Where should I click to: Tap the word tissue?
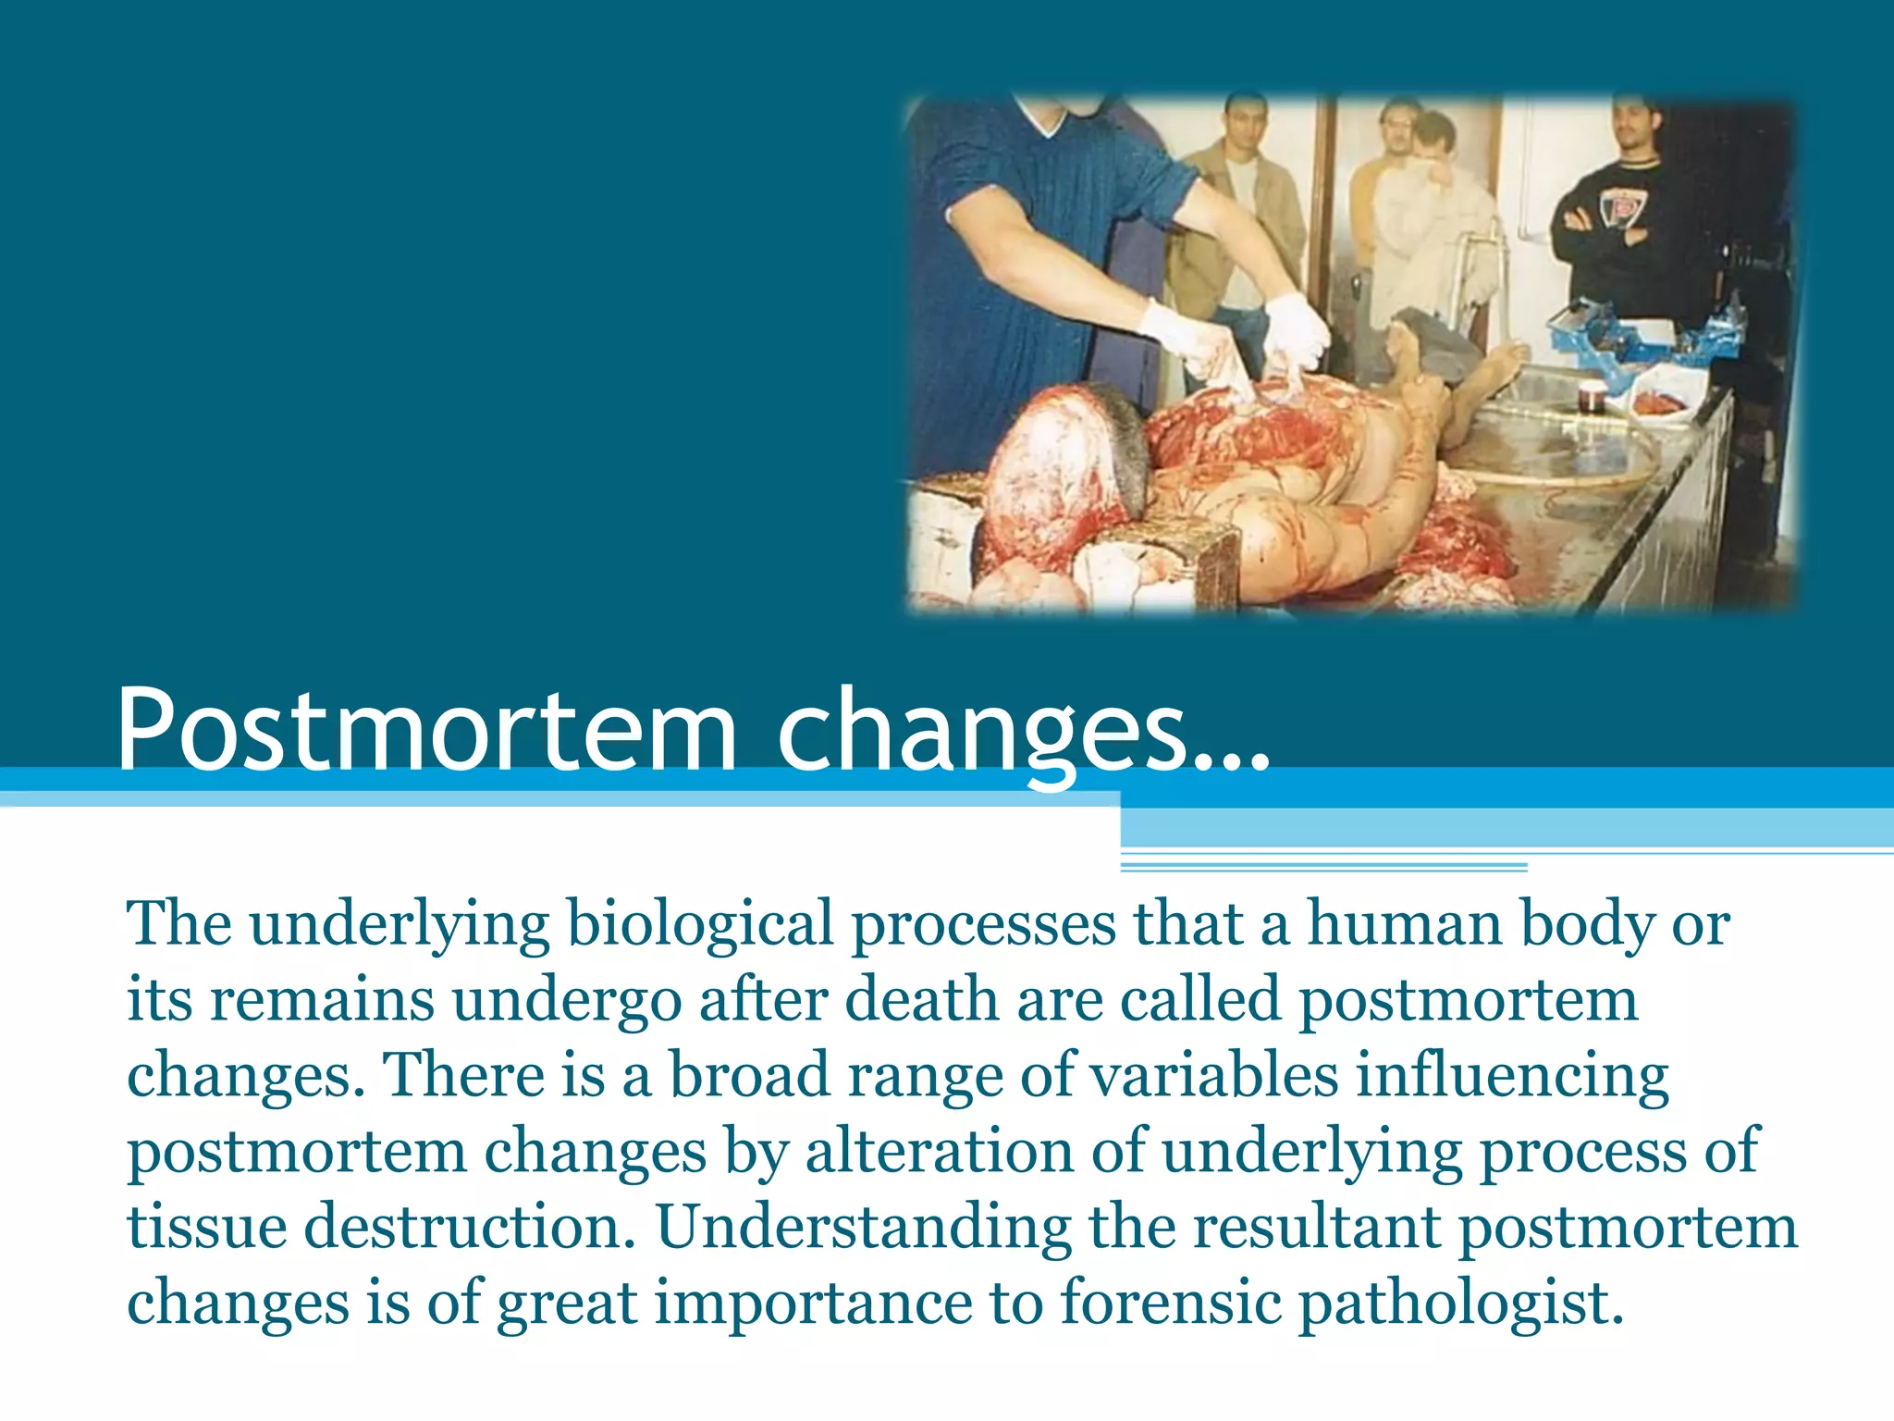207,1228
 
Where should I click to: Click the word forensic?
1170,1304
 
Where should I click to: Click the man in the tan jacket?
1239,213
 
